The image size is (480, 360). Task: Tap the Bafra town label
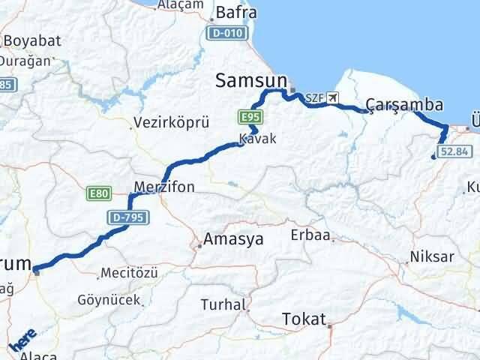click(x=235, y=13)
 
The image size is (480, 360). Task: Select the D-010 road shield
click(x=226, y=32)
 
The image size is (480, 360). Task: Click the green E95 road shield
click(x=250, y=117)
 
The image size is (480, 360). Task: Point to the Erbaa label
click(x=311, y=235)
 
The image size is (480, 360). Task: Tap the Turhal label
click(x=223, y=304)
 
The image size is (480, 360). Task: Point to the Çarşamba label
click(x=404, y=104)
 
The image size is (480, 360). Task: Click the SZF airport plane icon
click(x=333, y=97)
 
